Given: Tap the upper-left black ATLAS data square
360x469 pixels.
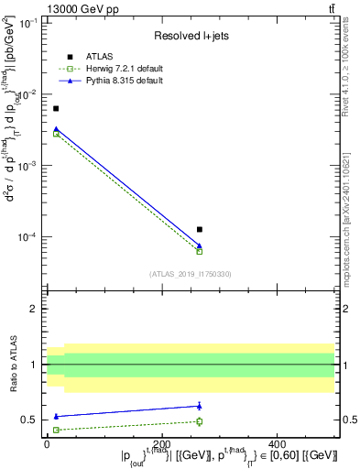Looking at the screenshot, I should point(56,109).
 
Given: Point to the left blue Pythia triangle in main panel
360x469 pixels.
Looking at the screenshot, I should point(56,129).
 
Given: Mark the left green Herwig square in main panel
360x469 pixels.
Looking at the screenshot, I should point(56,134).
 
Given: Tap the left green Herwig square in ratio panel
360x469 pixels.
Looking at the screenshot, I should point(56,430).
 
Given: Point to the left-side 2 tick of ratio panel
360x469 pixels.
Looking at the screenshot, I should point(35,309).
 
